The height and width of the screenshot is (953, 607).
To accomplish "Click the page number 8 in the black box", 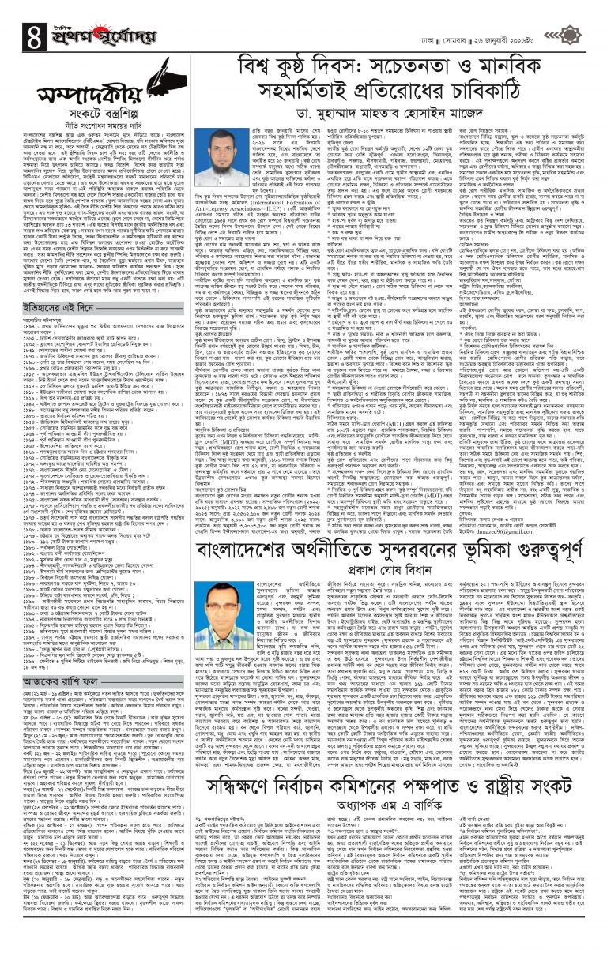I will click(x=14, y=14).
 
